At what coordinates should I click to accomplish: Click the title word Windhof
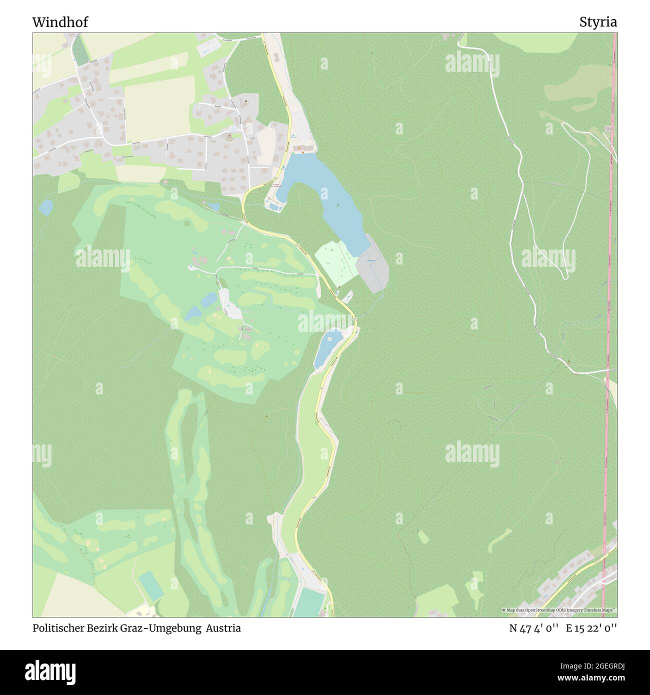60,22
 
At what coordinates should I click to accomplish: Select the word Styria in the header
598,22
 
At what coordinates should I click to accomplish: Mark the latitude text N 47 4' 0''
533,628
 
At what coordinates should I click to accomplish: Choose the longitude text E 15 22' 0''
592,628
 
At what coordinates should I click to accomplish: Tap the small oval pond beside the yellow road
327,348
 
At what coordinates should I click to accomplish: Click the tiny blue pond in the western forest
45,206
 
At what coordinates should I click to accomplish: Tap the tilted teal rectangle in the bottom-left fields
150,585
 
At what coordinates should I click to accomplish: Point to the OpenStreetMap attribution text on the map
558,610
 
